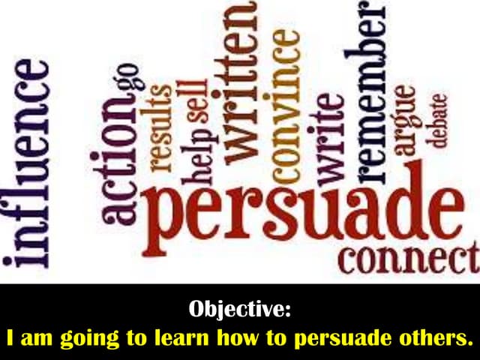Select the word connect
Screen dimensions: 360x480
409,259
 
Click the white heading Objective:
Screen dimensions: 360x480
239,308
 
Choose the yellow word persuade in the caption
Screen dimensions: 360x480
353,337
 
